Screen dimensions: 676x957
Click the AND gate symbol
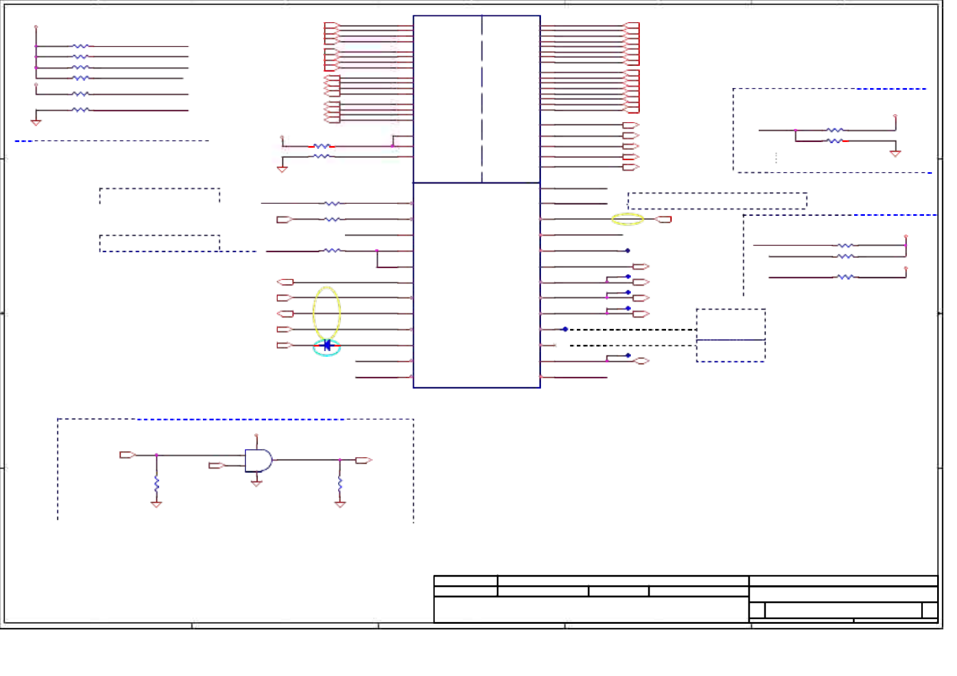click(x=258, y=460)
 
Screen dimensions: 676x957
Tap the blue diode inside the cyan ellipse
click(x=327, y=345)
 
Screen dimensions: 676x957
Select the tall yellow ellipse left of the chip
click(x=327, y=312)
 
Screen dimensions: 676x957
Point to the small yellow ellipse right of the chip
click(x=627, y=219)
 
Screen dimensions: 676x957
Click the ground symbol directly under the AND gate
click(x=256, y=483)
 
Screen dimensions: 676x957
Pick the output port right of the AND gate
click(x=363, y=460)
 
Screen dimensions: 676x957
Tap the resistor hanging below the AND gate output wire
click(x=340, y=483)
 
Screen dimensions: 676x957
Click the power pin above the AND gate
click(x=256, y=436)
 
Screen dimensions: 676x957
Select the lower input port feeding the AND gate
click(x=217, y=466)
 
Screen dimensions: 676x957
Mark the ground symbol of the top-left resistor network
click(x=36, y=122)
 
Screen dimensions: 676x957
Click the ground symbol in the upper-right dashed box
click(x=895, y=153)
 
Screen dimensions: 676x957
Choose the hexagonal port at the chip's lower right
click(x=641, y=361)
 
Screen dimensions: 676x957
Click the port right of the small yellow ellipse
click(x=664, y=219)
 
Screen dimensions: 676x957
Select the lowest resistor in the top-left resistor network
click(x=81, y=110)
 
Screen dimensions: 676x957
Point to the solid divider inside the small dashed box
click(x=731, y=340)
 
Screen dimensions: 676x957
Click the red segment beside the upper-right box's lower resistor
click(x=846, y=141)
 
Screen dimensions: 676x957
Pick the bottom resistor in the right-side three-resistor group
click(x=846, y=277)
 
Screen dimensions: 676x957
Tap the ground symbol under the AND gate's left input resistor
click(x=156, y=504)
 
